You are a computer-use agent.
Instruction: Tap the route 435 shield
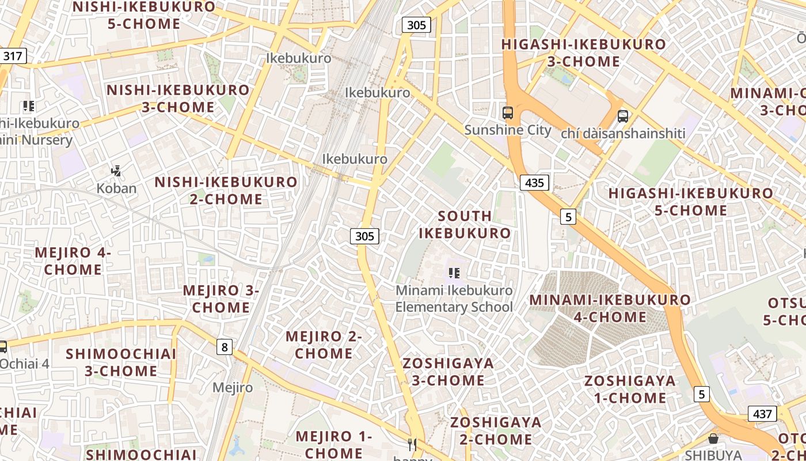coord(534,183)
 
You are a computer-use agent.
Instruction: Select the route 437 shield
coord(762,413)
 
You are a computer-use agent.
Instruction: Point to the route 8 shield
coord(225,346)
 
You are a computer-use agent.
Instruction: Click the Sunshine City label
coord(508,130)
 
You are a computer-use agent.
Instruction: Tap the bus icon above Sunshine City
coord(507,113)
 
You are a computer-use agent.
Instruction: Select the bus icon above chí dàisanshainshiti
coord(623,116)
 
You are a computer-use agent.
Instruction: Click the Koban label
coord(116,188)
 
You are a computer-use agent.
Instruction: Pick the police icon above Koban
coord(116,171)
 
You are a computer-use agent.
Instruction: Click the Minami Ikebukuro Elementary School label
coord(454,298)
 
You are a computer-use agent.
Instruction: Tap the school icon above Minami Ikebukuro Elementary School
coord(454,273)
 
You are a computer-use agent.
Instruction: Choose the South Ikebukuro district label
coord(465,225)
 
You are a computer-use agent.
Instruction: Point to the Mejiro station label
coord(233,387)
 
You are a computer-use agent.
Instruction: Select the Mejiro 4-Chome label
coord(73,261)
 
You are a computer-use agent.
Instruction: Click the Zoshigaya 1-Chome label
coord(630,389)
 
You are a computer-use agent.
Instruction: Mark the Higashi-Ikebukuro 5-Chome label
coord(691,202)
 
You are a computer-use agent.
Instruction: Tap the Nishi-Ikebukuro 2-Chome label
coord(226,191)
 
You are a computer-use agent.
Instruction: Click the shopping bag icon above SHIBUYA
coord(713,439)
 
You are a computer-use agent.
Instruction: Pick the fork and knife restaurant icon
coord(412,444)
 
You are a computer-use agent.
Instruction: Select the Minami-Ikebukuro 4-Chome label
coord(610,308)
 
